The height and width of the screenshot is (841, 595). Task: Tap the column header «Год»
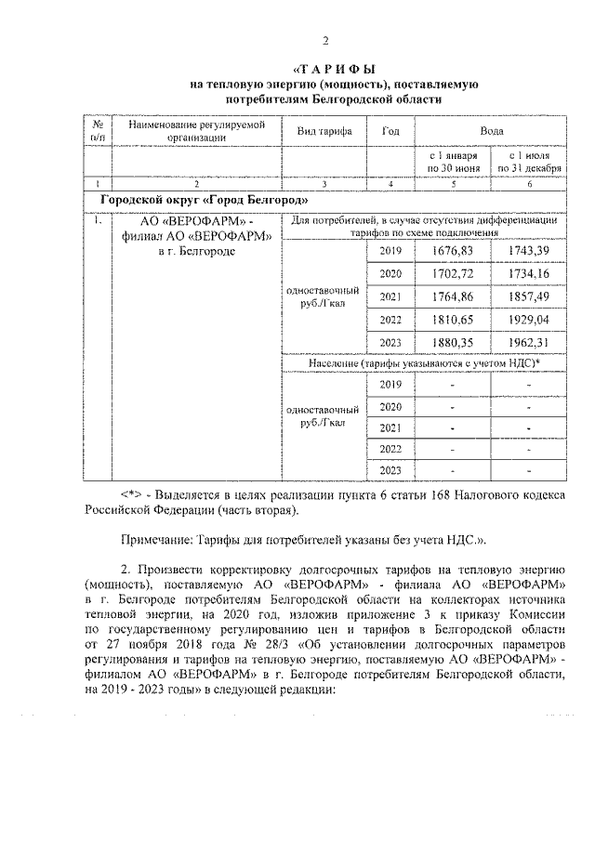[390, 131]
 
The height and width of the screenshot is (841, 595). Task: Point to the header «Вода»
[491, 131]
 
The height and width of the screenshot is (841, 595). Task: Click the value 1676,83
[454, 252]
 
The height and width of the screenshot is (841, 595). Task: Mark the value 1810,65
[454, 319]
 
